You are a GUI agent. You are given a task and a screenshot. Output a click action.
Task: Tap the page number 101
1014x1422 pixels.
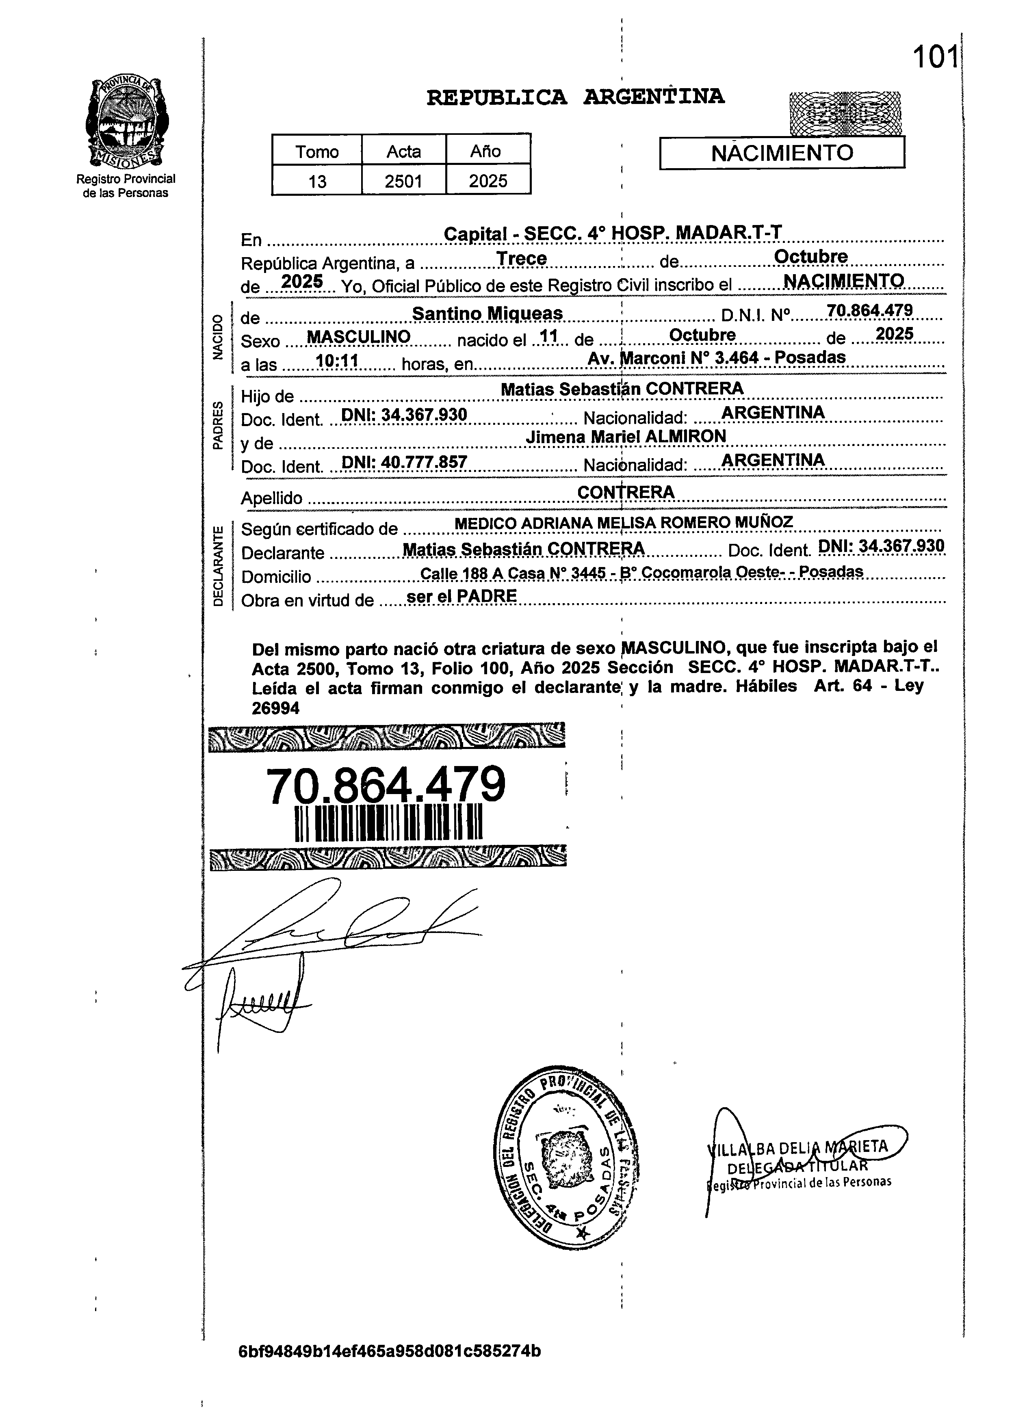935,58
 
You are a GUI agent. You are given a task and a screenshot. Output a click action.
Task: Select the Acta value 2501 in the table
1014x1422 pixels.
403,182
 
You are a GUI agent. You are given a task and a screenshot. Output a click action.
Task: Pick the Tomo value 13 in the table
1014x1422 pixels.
317,182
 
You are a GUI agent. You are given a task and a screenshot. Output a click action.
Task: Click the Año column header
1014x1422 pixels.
486,152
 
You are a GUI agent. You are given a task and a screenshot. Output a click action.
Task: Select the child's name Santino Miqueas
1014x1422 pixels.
487,314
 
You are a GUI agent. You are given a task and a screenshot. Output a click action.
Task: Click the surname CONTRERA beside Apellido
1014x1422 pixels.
626,493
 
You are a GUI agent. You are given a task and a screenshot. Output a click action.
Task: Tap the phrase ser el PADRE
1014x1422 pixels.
461,596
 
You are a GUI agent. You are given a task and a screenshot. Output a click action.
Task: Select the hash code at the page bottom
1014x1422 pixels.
390,1351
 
